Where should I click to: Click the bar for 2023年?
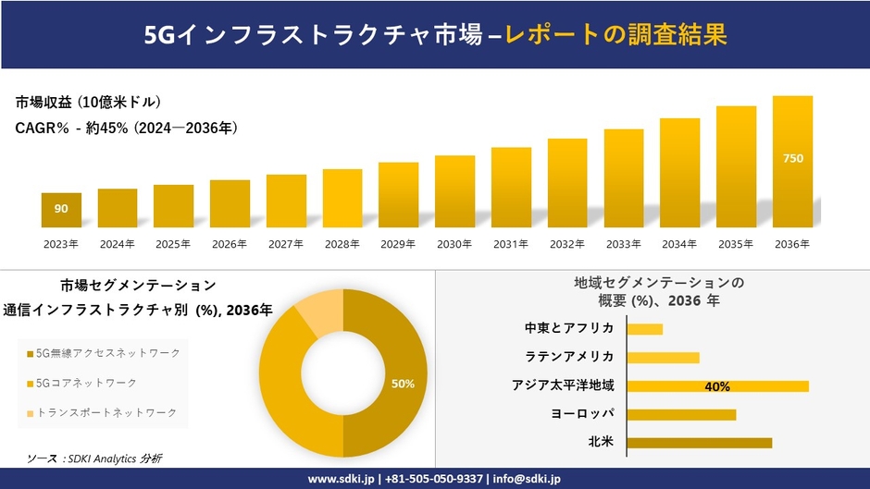(x=61, y=210)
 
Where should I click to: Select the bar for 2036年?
(x=792, y=162)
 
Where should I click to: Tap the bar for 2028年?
(x=342, y=198)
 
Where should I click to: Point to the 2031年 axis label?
(x=510, y=244)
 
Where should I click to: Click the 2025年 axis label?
(x=173, y=244)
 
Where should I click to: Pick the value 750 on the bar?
(x=793, y=159)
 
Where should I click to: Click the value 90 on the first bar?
(x=61, y=209)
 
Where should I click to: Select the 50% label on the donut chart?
(x=403, y=383)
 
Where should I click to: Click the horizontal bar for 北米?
(x=699, y=443)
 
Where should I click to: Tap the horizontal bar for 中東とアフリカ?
(x=644, y=329)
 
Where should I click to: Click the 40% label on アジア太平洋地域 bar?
(x=717, y=386)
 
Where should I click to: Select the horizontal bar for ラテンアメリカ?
(x=663, y=358)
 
